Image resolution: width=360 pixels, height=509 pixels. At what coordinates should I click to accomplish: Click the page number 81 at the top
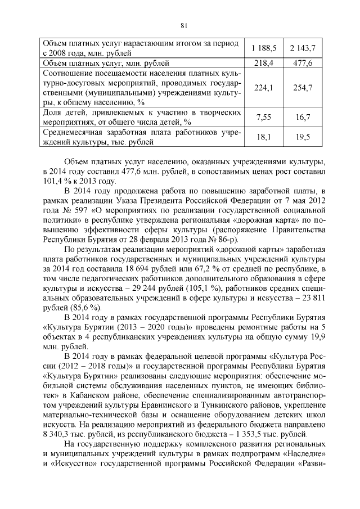coord(183,25)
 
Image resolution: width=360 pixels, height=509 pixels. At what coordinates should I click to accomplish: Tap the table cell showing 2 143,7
coord(303,48)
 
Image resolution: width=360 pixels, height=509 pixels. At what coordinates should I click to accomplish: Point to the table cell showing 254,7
coord(303,88)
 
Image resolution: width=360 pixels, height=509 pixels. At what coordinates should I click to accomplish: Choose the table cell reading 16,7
coord(303,117)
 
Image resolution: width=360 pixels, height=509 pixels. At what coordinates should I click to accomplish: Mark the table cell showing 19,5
coord(303,137)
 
